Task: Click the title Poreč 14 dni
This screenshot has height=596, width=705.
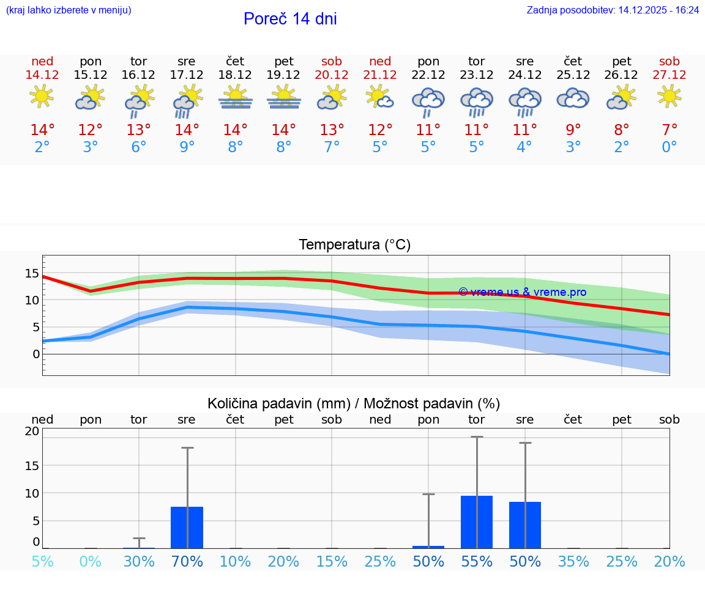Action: pyautogui.click(x=290, y=19)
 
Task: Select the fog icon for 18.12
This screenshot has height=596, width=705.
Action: pyautogui.click(x=235, y=98)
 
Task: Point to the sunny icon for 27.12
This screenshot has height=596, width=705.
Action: pyautogui.click(x=669, y=97)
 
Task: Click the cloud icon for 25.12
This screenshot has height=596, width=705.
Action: pyautogui.click(x=573, y=98)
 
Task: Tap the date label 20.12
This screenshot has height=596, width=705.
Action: pyautogui.click(x=332, y=75)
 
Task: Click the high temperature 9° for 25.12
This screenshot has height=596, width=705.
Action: pyautogui.click(x=573, y=130)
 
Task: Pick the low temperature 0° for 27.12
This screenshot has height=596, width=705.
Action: pyautogui.click(x=669, y=147)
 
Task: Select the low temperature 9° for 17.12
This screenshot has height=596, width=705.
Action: pyautogui.click(x=187, y=147)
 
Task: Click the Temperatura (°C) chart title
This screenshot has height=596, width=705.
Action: pyautogui.click(x=354, y=245)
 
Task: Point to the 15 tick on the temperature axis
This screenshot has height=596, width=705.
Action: pyautogui.click(x=32, y=273)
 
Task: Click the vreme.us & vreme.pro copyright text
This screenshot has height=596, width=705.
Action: pyautogui.click(x=522, y=292)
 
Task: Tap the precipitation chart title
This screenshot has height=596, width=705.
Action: pyautogui.click(x=354, y=403)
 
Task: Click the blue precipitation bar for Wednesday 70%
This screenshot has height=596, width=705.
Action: pyautogui.click(x=187, y=527)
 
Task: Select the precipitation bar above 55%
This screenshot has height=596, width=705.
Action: pyautogui.click(x=477, y=521)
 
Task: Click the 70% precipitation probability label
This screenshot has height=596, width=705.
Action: pyautogui.click(x=187, y=561)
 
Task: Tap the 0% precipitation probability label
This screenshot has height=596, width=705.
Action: pyautogui.click(x=90, y=561)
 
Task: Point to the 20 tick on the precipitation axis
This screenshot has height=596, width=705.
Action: pyautogui.click(x=32, y=431)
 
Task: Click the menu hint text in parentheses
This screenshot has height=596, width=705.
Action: pyautogui.click(x=69, y=10)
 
